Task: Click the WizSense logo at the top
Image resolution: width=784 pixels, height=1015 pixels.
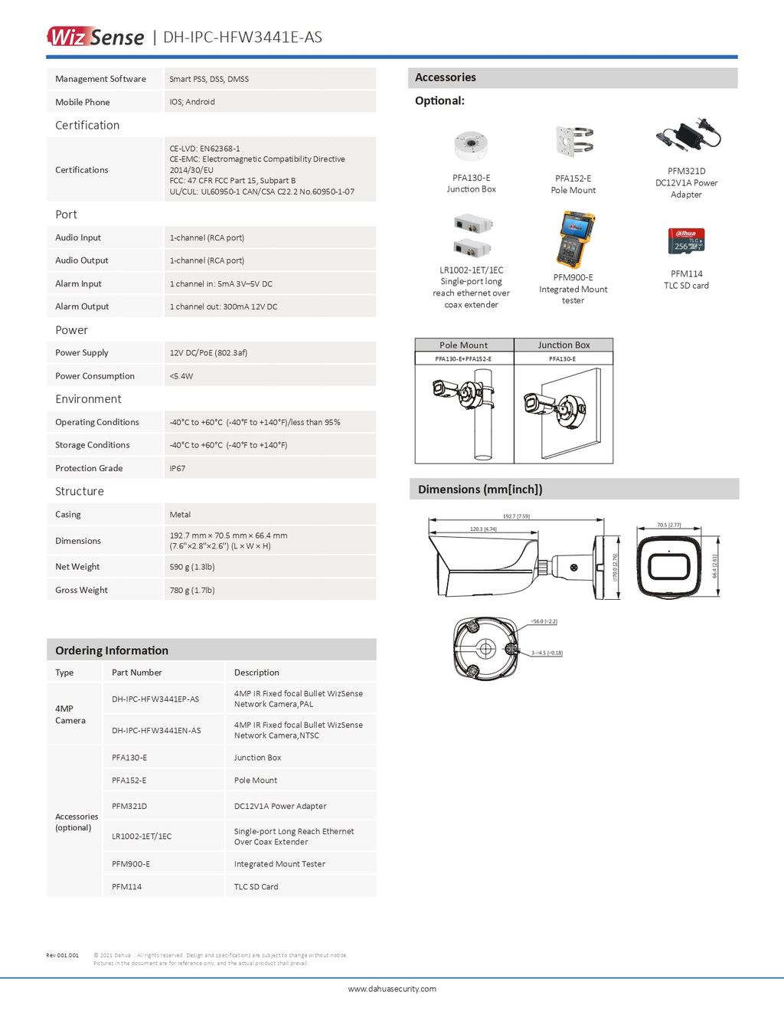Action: pyautogui.click(x=96, y=37)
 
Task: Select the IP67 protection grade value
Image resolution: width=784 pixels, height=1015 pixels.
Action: pyautogui.click(x=177, y=468)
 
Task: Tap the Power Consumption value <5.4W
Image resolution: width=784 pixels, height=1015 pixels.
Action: pyautogui.click(x=181, y=376)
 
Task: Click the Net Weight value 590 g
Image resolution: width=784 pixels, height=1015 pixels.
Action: pyautogui.click(x=192, y=567)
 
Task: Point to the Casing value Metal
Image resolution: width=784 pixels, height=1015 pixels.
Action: pyautogui.click(x=180, y=515)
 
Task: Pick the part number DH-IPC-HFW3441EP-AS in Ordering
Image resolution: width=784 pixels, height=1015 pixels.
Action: pyautogui.click(x=155, y=699)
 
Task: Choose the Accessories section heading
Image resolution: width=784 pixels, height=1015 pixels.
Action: pyautogui.click(x=446, y=77)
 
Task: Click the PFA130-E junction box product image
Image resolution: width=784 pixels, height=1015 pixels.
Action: pyautogui.click(x=471, y=145)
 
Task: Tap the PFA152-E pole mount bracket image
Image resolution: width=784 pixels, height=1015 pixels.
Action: pyautogui.click(x=574, y=142)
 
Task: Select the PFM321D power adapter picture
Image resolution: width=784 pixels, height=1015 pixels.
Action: pyautogui.click(x=688, y=136)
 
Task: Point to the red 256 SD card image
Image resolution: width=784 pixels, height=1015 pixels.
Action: pyautogui.click(x=686, y=241)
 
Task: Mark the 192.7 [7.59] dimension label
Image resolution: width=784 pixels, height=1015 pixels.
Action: pyautogui.click(x=516, y=516)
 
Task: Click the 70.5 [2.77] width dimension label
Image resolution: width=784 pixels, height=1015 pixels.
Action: pyautogui.click(x=668, y=526)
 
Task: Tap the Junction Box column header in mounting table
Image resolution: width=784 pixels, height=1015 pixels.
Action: pyautogui.click(x=563, y=345)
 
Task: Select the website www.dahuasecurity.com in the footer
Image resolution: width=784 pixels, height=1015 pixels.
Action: pyautogui.click(x=392, y=989)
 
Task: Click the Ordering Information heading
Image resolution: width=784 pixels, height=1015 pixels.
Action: pyautogui.click(x=112, y=650)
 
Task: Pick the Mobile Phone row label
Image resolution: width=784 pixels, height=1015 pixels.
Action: pyautogui.click(x=83, y=102)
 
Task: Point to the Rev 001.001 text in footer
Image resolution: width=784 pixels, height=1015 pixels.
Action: pyautogui.click(x=62, y=955)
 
